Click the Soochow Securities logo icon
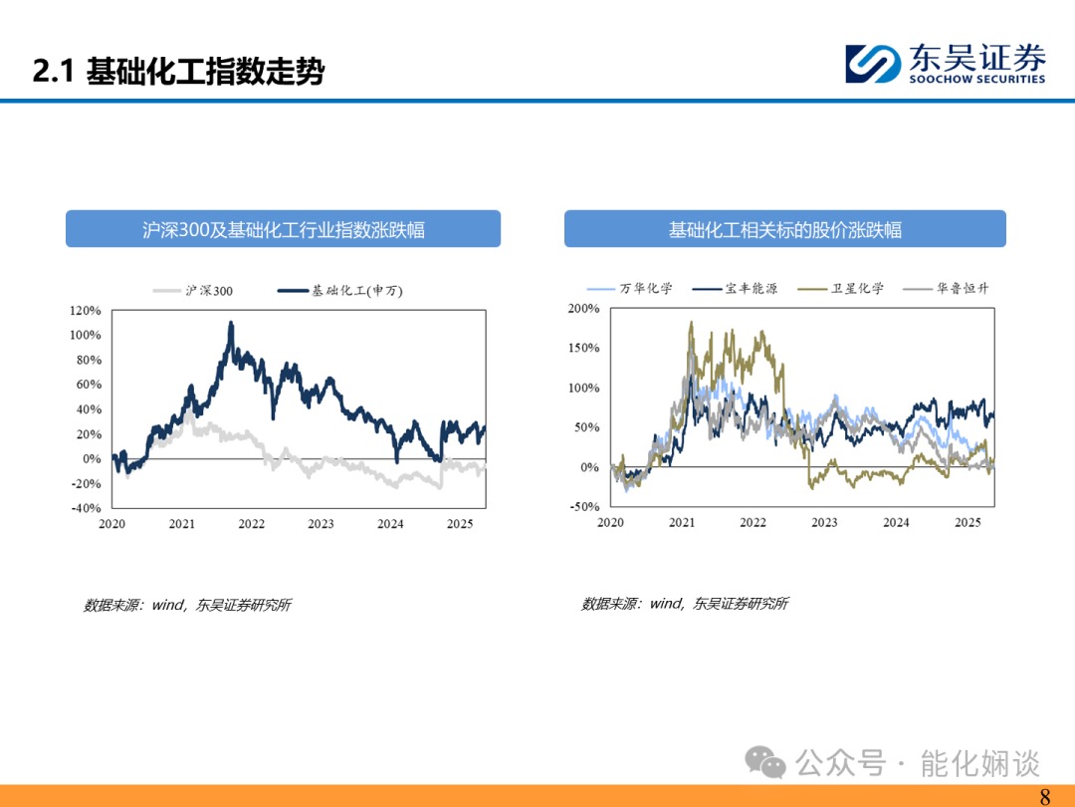(873, 64)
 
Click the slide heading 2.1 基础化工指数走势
(178, 72)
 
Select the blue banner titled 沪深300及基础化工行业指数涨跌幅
(283, 228)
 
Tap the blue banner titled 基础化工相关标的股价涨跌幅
(785, 228)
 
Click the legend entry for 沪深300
(193, 291)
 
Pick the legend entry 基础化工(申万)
(340, 291)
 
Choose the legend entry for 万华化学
(629, 288)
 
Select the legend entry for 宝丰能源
(735, 288)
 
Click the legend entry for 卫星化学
(840, 288)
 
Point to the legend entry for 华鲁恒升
(947, 288)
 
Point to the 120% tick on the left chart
(85, 310)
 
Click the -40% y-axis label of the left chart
(86, 508)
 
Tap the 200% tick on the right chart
(583, 308)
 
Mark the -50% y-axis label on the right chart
(584, 506)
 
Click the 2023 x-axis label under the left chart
(321, 524)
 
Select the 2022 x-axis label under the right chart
(752, 522)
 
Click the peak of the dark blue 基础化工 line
(231, 322)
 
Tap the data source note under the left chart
(187, 605)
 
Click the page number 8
(1045, 796)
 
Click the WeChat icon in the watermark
(765, 762)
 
